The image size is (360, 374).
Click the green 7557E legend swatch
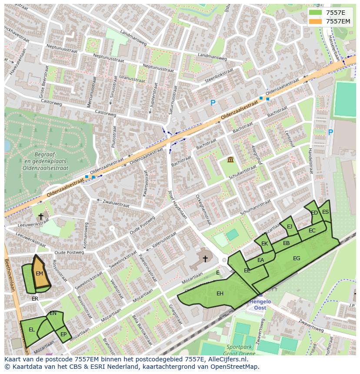pyautogui.click(x=315, y=13)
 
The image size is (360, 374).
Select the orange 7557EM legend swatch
pyautogui.click(x=315, y=21)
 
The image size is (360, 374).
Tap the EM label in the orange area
pyautogui.click(x=40, y=274)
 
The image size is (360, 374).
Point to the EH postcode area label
pyautogui.click(x=220, y=294)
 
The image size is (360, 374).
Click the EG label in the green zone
pyautogui.click(x=297, y=258)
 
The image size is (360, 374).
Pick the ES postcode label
pyautogui.click(x=325, y=212)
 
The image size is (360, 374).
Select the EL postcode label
pyautogui.click(x=32, y=330)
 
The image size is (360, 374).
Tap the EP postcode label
pyautogui.click(x=63, y=334)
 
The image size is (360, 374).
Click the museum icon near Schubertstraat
pyautogui.click(x=230, y=160)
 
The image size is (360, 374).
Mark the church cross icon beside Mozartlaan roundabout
pyautogui.click(x=205, y=259)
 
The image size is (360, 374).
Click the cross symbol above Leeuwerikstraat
pyautogui.click(x=41, y=216)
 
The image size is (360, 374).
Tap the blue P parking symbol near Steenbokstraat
pyautogui.click(x=213, y=103)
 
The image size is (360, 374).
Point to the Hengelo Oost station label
pyautogui.click(x=260, y=304)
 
